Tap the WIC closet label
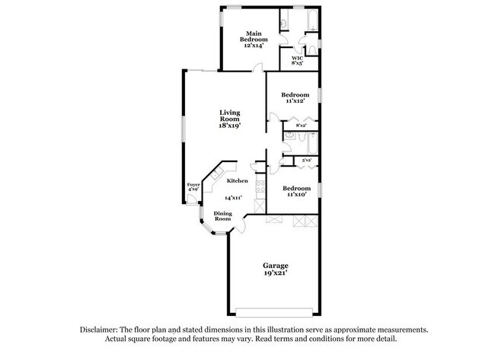[x=297, y=60]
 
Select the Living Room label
[x=230, y=119]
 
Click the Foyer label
[x=193, y=186]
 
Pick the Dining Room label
[x=222, y=215]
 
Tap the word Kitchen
[x=237, y=181]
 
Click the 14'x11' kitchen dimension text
[x=233, y=198]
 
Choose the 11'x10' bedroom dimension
[x=296, y=194]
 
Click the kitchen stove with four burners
[x=260, y=190]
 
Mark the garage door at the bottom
[x=275, y=311]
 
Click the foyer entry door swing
[x=193, y=199]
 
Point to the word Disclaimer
[x=101, y=330]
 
